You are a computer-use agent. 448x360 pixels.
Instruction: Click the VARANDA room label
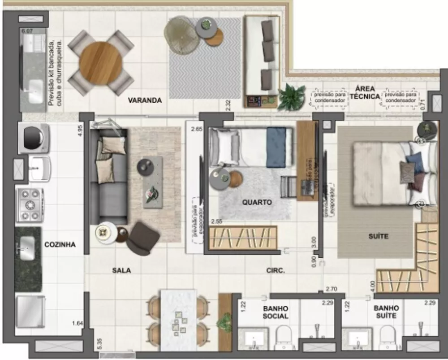click(x=145, y=100)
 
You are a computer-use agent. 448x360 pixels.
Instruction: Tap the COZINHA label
click(x=60, y=245)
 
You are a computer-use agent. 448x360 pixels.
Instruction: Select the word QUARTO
click(x=257, y=202)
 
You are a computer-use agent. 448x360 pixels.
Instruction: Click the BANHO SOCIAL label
click(x=276, y=312)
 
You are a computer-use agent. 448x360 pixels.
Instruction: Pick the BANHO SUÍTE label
click(x=386, y=312)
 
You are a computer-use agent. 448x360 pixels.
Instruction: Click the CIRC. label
click(x=276, y=270)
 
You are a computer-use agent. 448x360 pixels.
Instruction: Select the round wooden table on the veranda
click(x=101, y=63)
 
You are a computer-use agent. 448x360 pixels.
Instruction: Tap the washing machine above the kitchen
click(x=34, y=138)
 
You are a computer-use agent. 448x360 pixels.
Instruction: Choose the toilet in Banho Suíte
click(x=387, y=337)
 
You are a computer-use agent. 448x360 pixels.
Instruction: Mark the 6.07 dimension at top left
click(x=27, y=31)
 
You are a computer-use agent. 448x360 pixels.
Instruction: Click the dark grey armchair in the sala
click(x=142, y=238)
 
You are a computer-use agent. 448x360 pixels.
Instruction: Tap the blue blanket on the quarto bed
click(x=276, y=147)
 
